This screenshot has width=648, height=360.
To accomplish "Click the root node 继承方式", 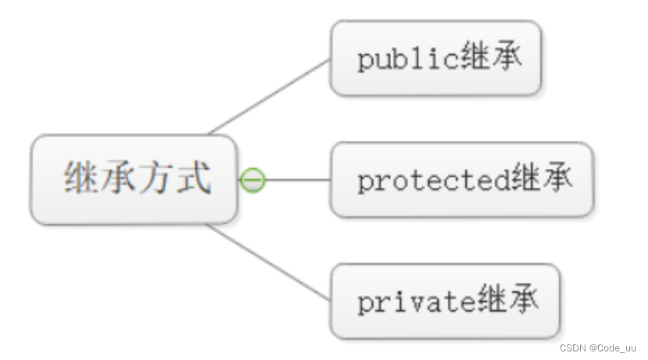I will [x=134, y=180].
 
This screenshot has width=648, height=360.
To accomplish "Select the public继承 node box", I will [x=436, y=59].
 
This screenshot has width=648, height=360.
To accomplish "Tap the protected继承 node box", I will [x=461, y=180].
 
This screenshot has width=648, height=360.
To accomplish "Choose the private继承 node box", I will [x=445, y=301].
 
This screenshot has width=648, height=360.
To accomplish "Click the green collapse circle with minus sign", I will [x=252, y=180].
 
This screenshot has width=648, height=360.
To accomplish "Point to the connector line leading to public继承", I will [x=269, y=96].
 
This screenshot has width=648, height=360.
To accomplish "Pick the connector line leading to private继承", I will [x=269, y=263].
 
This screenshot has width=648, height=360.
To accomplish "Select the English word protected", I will [x=434, y=181].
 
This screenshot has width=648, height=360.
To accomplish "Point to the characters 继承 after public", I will [x=490, y=59].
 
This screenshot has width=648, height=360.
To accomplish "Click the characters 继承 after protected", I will [x=542, y=180].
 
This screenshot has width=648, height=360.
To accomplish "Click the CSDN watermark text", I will [x=574, y=348].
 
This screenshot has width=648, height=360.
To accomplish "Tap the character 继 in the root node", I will [x=82, y=177].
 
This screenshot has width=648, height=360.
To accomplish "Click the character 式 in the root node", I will [x=193, y=177].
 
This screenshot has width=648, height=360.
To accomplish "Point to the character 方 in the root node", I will [x=156, y=177].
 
